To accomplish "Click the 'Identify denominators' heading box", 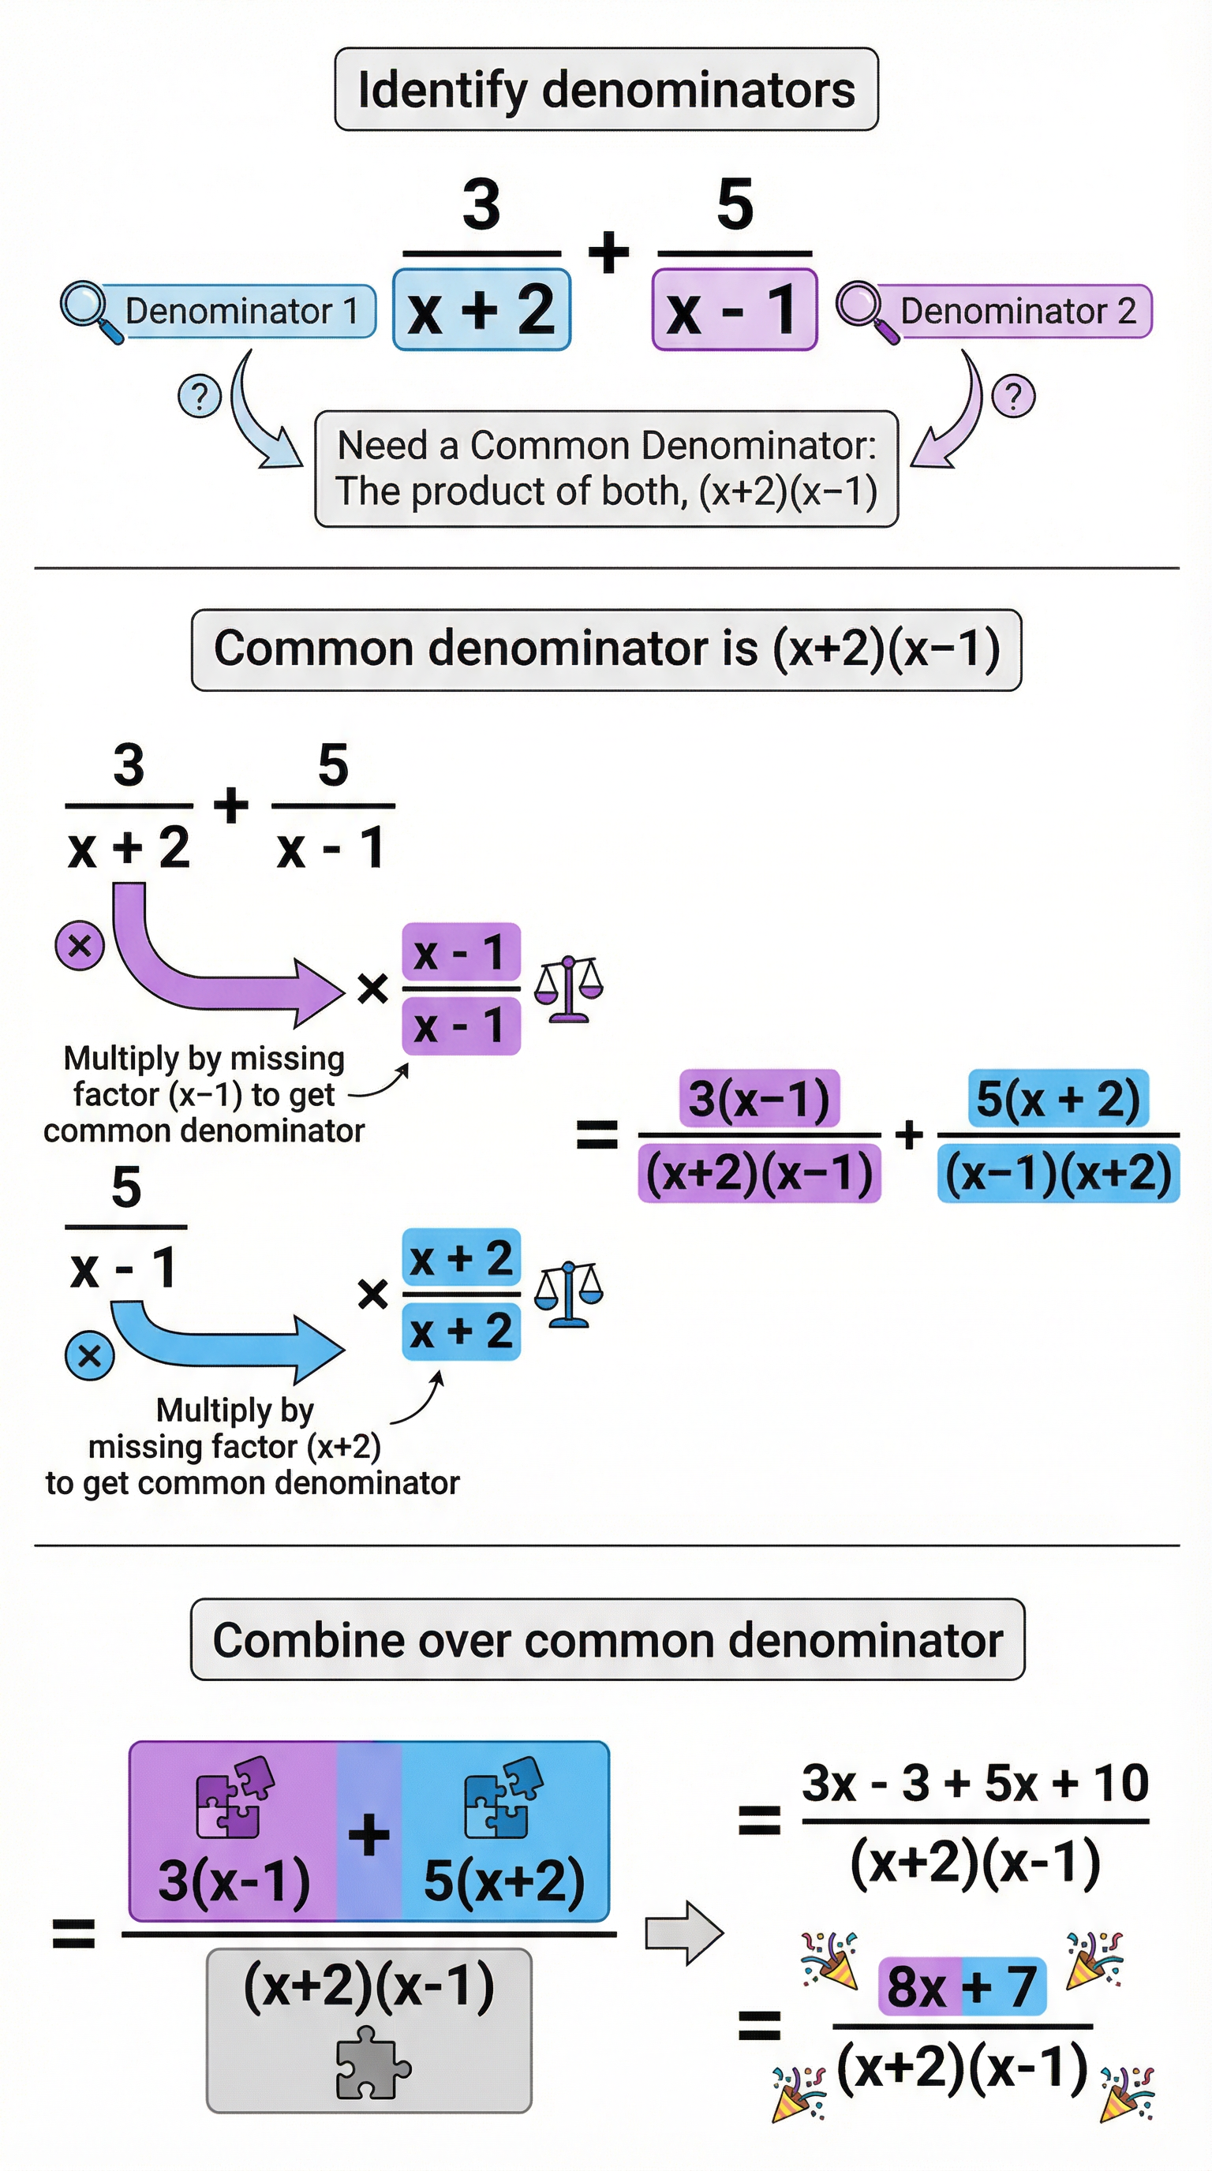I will point(606,89).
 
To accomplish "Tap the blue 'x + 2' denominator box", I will point(481,309).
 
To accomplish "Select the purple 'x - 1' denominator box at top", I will point(734,309).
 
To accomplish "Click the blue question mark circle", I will point(199,396).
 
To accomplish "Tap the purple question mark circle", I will point(1013,396).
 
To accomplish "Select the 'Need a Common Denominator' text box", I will point(606,469).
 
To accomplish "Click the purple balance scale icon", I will point(569,988).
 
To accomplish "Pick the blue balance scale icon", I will point(569,1295).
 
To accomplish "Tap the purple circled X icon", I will point(79,946).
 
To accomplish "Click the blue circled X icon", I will point(89,1356).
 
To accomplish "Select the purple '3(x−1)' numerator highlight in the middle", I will point(759,1098).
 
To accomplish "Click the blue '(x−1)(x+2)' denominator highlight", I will point(1058,1173).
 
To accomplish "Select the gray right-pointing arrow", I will point(683,1933).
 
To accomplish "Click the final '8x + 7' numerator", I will point(962,1986).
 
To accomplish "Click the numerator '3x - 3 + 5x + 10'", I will point(975,1784).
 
